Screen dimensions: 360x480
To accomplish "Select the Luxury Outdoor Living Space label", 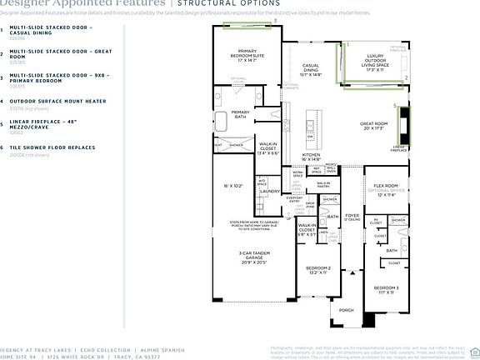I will (x=375, y=62).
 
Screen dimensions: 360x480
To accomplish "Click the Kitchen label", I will (x=311, y=157).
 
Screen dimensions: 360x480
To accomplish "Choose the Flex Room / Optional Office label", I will (x=388, y=189).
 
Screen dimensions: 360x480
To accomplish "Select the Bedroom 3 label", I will (x=385, y=291).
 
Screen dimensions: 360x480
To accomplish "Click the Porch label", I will (x=347, y=311).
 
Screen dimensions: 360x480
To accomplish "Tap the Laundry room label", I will (x=269, y=191).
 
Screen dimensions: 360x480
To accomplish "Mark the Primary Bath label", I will (x=241, y=115).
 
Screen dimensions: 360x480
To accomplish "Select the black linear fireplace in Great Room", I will (x=406, y=124).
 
